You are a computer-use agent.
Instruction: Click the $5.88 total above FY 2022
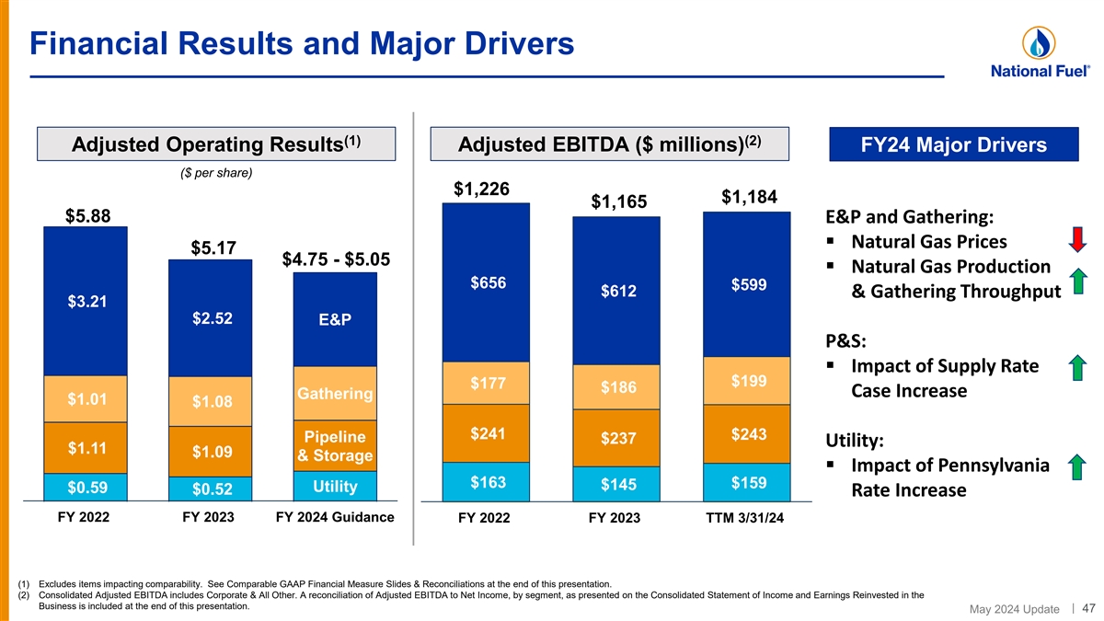coord(88,216)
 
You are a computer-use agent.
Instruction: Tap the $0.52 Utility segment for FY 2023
coord(213,488)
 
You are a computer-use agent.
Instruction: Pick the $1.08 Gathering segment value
coord(213,402)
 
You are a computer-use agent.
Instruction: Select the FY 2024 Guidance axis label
coord(335,517)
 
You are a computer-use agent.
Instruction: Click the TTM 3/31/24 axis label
coord(745,518)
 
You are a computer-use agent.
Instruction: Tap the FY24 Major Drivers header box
coord(954,145)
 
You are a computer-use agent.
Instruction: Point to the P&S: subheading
coord(846,340)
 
